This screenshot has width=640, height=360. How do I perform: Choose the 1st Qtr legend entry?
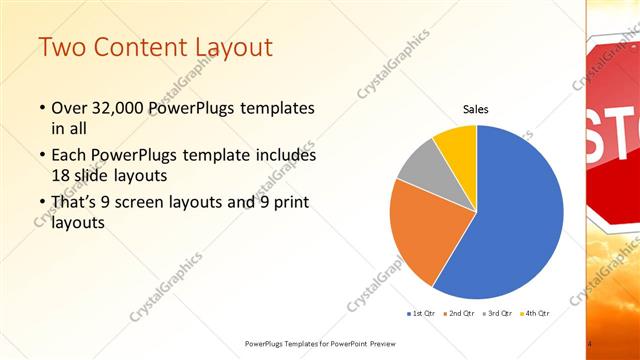click(x=419, y=313)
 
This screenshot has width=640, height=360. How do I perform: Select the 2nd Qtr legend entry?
click(x=458, y=313)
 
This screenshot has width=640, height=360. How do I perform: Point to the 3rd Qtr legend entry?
click(x=498, y=313)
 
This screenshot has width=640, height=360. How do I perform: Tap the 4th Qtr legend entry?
click(x=536, y=313)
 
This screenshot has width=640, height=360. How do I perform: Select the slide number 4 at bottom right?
click(x=590, y=345)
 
